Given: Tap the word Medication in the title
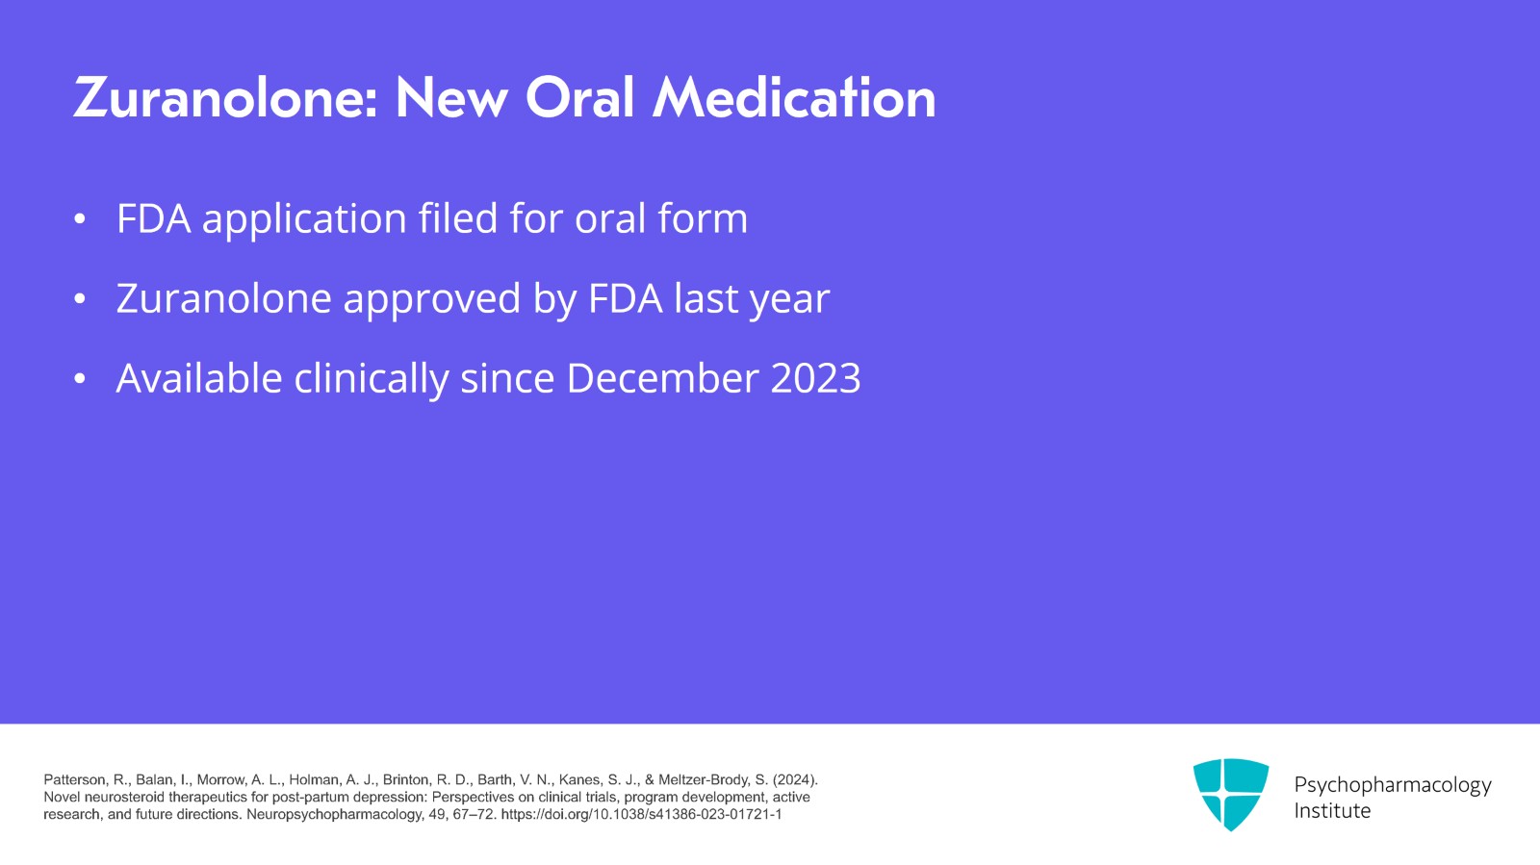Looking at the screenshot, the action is [794, 97].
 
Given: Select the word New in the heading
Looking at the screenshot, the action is [451, 98].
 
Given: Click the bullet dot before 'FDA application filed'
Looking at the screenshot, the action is [80, 219].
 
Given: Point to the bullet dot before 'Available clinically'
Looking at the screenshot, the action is [80, 378].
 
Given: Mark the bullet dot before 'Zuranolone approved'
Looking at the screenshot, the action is [80, 299].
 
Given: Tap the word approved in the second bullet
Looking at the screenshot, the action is [432, 301].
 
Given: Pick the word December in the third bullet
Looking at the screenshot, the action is [661, 378].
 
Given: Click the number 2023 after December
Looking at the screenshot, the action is [815, 378].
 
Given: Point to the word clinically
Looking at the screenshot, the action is [371, 380].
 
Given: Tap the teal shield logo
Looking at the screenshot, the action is [1231, 794].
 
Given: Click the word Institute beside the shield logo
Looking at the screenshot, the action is [1332, 811].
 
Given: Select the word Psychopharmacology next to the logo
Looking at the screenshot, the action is [1393, 786].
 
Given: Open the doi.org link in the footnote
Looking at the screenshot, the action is [641, 815].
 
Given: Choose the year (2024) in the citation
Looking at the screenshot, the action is [795, 780].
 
